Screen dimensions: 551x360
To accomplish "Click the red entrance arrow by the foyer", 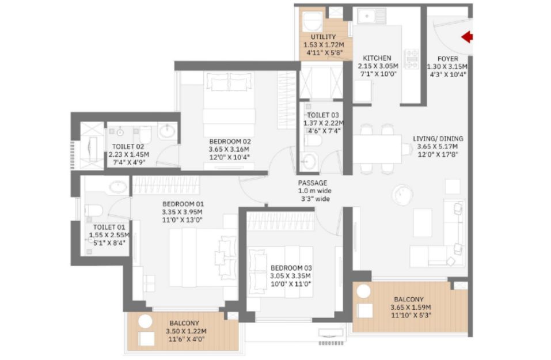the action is coord(467,37).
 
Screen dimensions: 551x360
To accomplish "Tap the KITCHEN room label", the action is coord(377,58).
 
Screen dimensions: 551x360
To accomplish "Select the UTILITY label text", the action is coord(324,37).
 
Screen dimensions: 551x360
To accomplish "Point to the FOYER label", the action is coord(448,59).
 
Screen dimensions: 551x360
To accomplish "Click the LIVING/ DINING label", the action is coord(438,138).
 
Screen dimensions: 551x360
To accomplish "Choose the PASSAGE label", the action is coord(313,183).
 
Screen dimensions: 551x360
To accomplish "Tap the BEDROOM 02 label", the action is coord(230,141).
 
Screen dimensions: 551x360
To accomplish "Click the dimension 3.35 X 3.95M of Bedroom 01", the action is coord(182,212).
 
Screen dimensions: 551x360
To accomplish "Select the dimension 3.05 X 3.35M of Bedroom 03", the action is coord(290,276).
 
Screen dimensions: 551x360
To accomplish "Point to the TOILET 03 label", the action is coord(323,115).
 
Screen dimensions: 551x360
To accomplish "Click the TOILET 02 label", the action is coord(128,146).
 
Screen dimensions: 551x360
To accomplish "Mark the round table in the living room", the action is coord(402,194).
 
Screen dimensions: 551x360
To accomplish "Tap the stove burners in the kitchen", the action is coord(412,59).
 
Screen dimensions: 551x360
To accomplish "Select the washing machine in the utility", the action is coord(313,22).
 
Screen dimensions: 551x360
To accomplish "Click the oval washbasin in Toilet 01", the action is coord(119,187).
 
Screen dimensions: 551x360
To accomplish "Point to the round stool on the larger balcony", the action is coord(364,291).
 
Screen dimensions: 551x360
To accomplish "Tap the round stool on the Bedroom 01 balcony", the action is coord(145,321).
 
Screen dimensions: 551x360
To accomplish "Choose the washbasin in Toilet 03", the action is coord(309,162).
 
